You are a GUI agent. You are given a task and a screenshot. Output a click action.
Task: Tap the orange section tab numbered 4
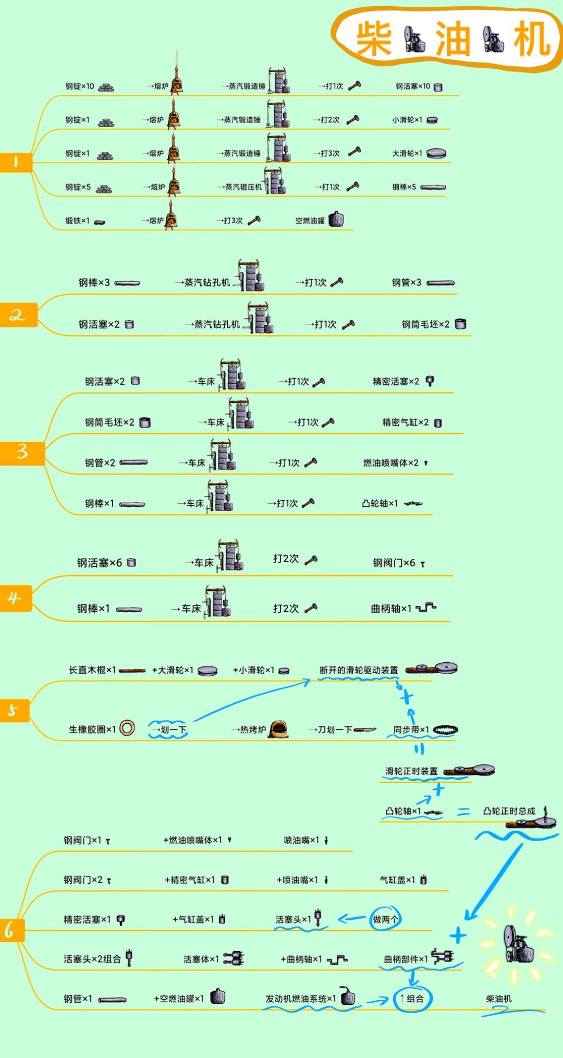tap(15, 598)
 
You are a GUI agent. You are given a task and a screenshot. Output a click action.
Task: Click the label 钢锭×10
tap(80, 87)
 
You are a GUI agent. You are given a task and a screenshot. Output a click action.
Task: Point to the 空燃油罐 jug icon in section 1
tap(336, 220)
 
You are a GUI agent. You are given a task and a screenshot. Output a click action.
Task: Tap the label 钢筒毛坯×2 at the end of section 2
tap(425, 324)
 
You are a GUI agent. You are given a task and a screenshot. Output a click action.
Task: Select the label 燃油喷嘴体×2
tap(391, 463)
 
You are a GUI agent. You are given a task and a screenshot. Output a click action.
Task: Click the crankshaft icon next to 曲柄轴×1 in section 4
tap(426, 607)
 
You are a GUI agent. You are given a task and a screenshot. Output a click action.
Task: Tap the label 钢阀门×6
tap(394, 563)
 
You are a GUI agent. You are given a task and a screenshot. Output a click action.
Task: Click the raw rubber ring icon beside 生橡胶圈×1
tap(127, 728)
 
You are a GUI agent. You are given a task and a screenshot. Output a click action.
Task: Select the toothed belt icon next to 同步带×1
tap(445, 730)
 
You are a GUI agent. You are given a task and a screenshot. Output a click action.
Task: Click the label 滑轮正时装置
tap(412, 771)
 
